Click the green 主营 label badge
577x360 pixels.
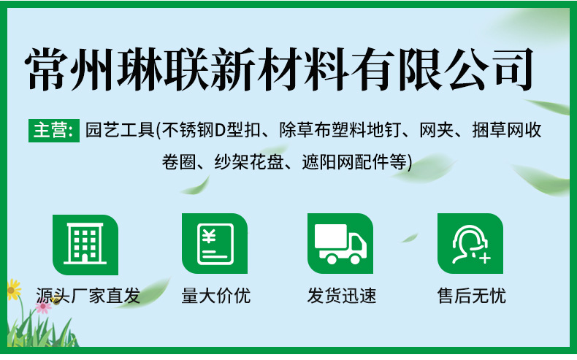click(53, 131)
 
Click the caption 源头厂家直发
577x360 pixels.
click(88, 296)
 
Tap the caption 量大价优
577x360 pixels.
click(215, 296)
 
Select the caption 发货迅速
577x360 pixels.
click(342, 296)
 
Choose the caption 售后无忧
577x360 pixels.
click(471, 296)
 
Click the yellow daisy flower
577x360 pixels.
click(12, 289)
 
